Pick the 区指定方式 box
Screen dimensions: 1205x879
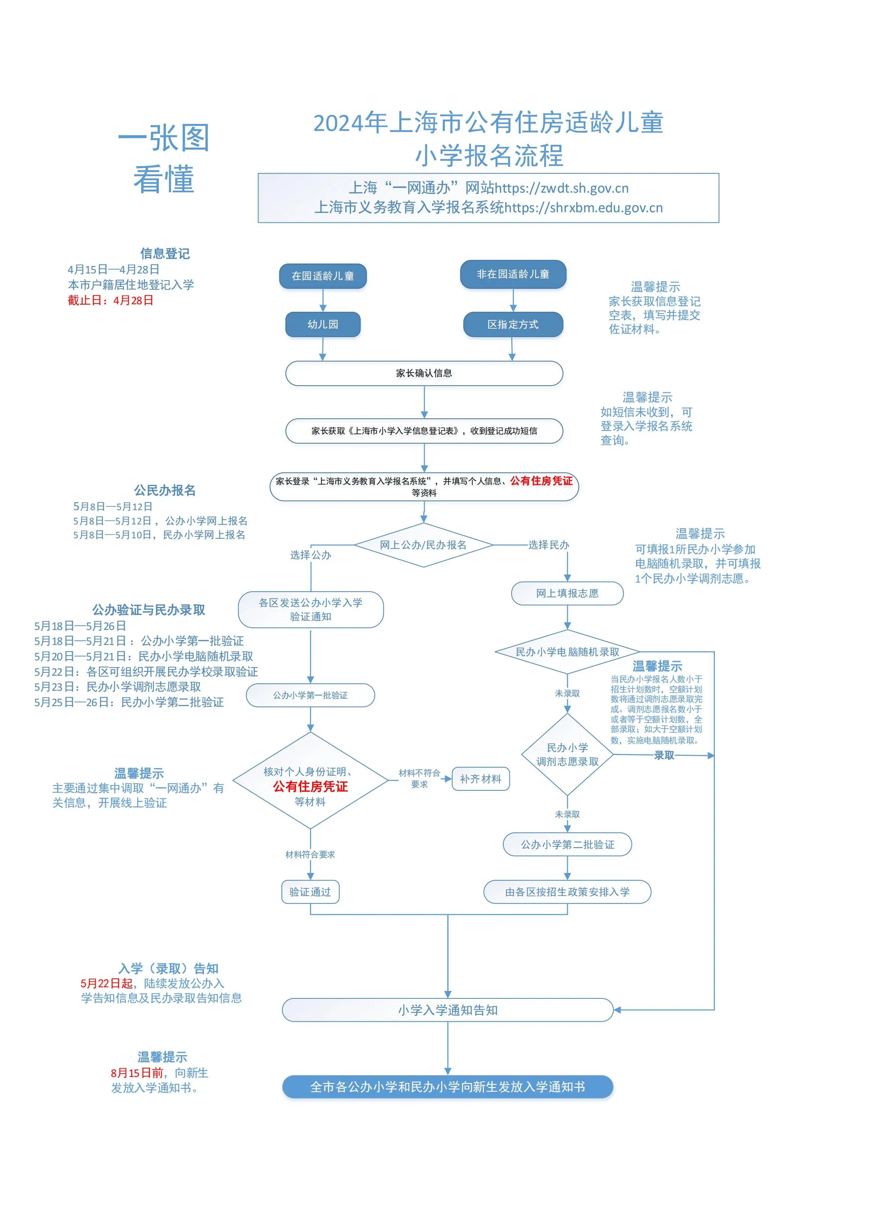(x=513, y=325)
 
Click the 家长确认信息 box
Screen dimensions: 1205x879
(x=424, y=373)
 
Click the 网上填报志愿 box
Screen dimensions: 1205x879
(x=567, y=593)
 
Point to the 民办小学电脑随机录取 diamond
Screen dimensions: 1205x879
(x=567, y=652)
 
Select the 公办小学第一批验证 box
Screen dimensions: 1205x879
(x=310, y=695)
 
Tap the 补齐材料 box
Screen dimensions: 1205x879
(x=480, y=779)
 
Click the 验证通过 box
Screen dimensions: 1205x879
(x=310, y=892)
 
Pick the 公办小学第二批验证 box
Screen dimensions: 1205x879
(x=567, y=844)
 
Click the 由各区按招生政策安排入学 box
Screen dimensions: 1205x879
(x=567, y=892)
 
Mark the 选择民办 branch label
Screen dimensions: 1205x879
(x=548, y=545)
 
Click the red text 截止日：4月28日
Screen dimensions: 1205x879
(x=111, y=300)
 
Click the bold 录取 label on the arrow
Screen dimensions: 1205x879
(x=664, y=755)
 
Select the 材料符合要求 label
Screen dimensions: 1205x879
(x=310, y=855)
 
